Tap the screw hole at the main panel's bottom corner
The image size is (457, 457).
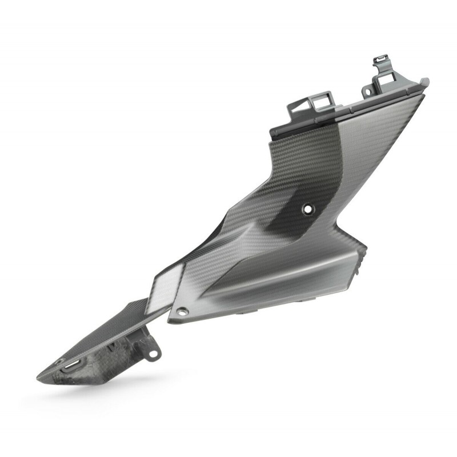tap(183, 311)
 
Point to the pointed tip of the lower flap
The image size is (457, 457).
tap(40, 376)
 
